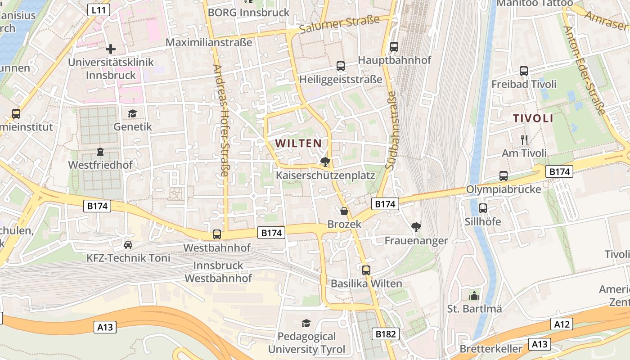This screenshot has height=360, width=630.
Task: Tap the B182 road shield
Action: coord(385,333)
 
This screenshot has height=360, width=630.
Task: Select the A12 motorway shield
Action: coord(562,324)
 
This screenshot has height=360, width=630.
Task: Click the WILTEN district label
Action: coord(298,144)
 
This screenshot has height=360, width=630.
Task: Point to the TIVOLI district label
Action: coord(533,119)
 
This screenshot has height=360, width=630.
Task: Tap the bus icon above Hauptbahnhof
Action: coord(394,46)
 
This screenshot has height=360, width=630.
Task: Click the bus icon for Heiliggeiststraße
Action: coord(341,66)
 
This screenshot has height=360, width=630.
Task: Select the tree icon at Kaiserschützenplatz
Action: coord(325,162)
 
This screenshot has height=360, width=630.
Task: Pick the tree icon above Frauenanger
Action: coord(416,227)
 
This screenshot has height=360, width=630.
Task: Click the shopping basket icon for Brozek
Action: coord(344,211)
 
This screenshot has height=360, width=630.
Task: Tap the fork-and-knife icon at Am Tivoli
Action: coord(524,140)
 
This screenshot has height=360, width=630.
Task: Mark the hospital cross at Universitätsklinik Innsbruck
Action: coord(111,49)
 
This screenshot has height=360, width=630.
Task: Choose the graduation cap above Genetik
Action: coord(132,113)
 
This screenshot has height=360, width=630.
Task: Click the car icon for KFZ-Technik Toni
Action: coord(128,245)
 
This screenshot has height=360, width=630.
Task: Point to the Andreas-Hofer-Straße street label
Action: coord(221,120)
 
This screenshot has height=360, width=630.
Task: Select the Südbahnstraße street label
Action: coord(390,130)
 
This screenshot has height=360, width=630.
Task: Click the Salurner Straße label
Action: coord(339,25)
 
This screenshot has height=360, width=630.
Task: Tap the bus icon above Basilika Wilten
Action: coord(366,270)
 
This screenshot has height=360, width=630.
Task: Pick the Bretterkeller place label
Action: coord(491,349)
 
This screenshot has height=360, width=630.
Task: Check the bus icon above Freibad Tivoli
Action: coord(523,71)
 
